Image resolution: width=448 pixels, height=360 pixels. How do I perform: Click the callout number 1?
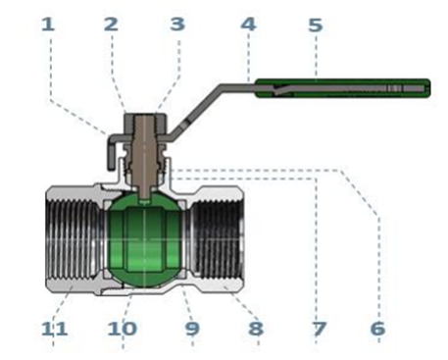[48, 25]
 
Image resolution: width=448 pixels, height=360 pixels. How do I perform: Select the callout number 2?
[111, 25]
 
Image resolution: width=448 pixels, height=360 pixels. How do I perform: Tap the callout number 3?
[177, 25]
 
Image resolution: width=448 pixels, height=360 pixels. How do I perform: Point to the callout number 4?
[248, 25]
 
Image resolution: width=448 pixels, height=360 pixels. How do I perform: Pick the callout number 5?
[316, 25]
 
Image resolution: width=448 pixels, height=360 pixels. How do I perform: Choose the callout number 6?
[378, 328]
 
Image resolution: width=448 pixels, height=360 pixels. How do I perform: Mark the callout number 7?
[320, 329]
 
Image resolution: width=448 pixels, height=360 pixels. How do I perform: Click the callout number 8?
[256, 329]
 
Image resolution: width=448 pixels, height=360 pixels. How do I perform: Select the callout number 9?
[192, 329]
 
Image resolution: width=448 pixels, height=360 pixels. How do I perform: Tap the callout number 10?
[122, 329]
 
